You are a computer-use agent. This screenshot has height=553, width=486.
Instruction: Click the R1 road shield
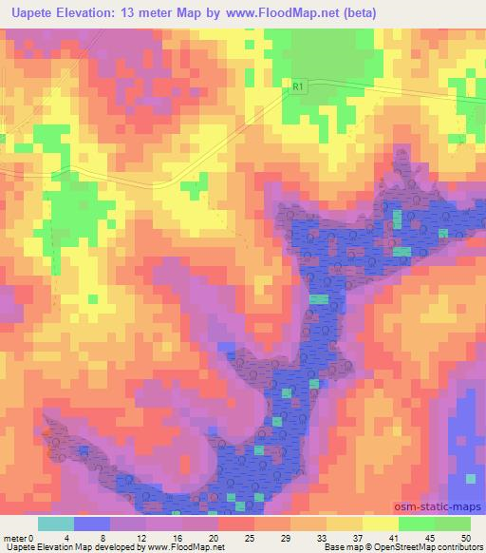pyautogui.click(x=297, y=87)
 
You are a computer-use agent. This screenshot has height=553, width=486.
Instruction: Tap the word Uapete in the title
pyautogui.click(x=30, y=12)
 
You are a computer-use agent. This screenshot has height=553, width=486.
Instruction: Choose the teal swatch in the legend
pyautogui.click(x=56, y=524)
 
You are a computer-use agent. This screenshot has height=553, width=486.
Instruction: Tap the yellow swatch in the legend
pyautogui.click(x=381, y=524)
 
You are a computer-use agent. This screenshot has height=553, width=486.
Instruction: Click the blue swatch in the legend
pyautogui.click(x=92, y=524)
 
